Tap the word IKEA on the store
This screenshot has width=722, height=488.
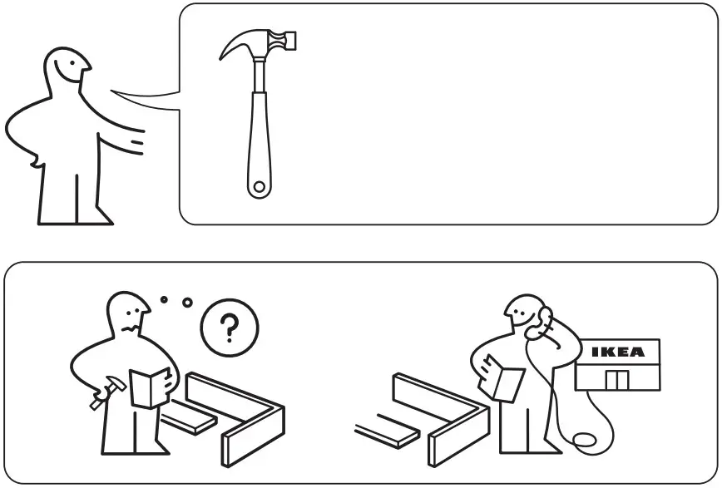click(617, 352)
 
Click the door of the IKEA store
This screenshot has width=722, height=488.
click(616, 380)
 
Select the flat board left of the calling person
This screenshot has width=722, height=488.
click(386, 435)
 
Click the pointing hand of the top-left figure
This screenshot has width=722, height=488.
click(138, 143)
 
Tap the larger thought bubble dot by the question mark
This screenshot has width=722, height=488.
click(187, 303)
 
